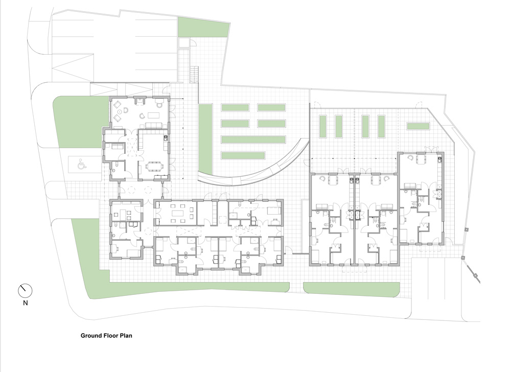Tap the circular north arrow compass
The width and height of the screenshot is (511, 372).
coord(25,291)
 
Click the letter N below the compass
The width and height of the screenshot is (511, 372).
coord(26,303)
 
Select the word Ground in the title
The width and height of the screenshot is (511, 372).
coord(91,336)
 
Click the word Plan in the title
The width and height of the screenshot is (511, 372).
coord(126,336)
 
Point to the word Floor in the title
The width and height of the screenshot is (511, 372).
coord(110,336)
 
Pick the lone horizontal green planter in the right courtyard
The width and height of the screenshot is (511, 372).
coord(418,126)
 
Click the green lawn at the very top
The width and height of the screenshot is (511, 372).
coord(203,27)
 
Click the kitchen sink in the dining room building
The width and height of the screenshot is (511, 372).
coord(166,138)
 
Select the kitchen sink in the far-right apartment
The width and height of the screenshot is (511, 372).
coord(439,159)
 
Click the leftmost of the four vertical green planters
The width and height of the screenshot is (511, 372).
coord(323,126)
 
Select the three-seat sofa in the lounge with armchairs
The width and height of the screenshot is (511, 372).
coord(153,125)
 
